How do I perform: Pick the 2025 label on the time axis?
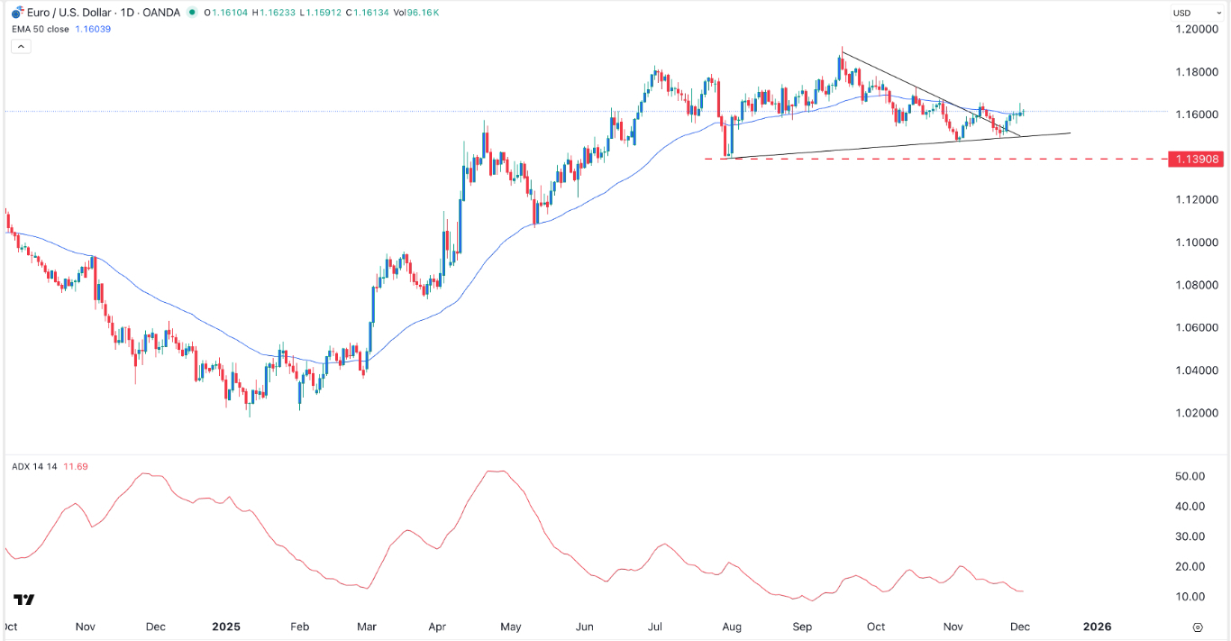pos(225,627)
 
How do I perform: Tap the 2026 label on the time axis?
pos(1097,627)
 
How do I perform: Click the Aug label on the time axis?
pos(731,627)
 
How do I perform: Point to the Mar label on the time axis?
pos(367,627)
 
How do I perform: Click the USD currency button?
pos(1181,13)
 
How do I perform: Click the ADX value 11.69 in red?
pos(77,467)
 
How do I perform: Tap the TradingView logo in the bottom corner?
pos(24,600)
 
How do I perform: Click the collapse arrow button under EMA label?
pos(21,46)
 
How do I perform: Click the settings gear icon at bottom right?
pos(1198,627)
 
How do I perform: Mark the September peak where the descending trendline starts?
pos(841,49)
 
